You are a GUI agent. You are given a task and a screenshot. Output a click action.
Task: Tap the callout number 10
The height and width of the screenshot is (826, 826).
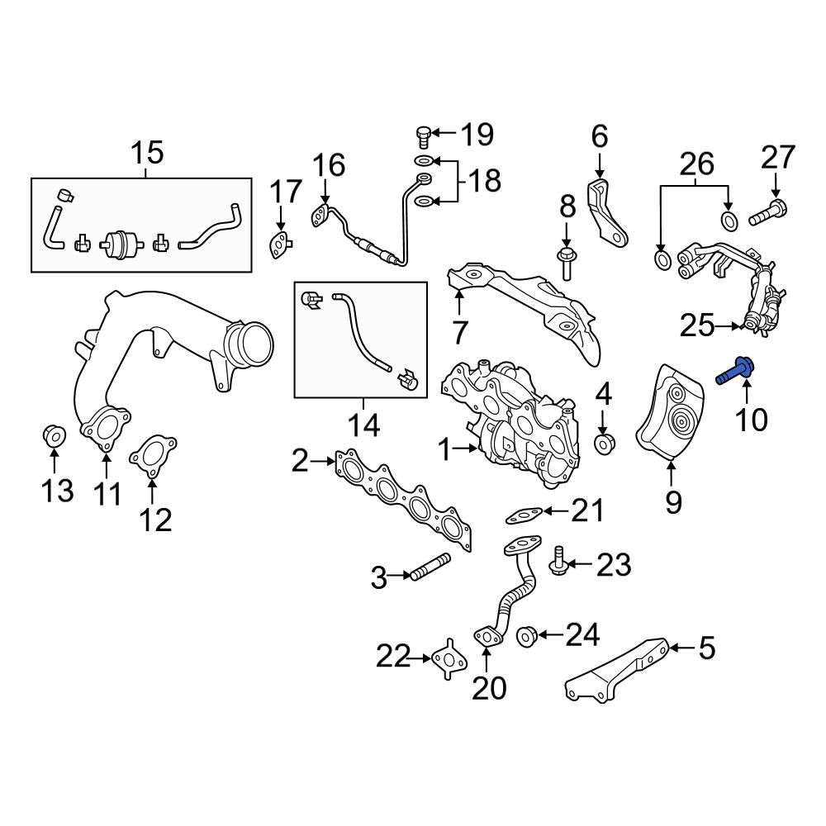pyautogui.click(x=751, y=420)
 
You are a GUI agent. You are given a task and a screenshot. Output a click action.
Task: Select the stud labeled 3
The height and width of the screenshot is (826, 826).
pyautogui.click(x=430, y=567)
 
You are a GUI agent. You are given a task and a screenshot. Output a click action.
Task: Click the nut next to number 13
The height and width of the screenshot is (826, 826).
pyautogui.click(x=55, y=435)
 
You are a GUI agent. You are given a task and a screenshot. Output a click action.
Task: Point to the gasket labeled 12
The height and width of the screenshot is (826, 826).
pyautogui.click(x=153, y=456)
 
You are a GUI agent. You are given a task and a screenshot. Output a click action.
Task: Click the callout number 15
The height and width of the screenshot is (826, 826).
pyautogui.click(x=148, y=153)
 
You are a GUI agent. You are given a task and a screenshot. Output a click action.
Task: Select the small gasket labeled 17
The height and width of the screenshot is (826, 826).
pyautogui.click(x=280, y=245)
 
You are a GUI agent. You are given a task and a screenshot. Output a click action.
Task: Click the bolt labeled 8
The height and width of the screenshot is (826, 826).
pyautogui.click(x=566, y=264)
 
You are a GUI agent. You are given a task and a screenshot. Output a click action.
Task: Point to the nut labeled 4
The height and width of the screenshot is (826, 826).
pyautogui.click(x=604, y=444)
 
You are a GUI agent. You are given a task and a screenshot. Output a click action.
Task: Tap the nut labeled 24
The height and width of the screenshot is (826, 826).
pyautogui.click(x=527, y=636)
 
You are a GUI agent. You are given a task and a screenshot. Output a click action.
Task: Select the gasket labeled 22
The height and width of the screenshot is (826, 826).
pyautogui.click(x=449, y=659)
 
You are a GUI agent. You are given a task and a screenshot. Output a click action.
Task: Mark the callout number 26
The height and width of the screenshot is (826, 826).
pyautogui.click(x=696, y=164)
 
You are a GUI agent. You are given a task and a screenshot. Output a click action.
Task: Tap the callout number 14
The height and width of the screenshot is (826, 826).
pyautogui.click(x=363, y=425)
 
